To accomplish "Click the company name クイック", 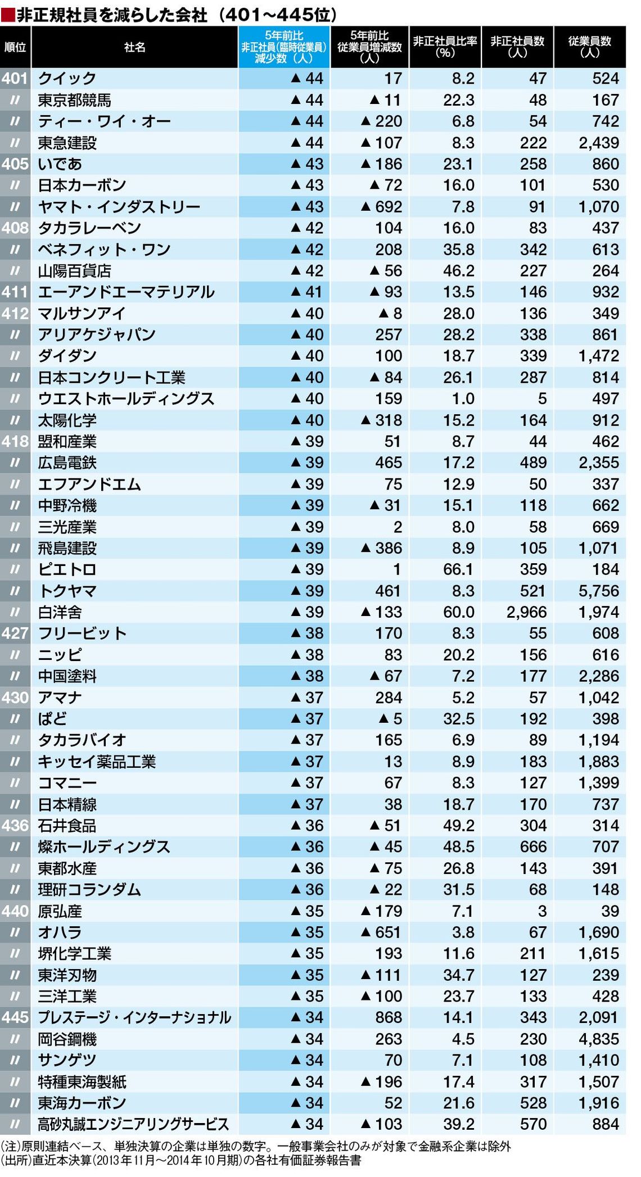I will pyautogui.click(x=67, y=79).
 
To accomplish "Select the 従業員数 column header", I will pyautogui.click(x=589, y=47).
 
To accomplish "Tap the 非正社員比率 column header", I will pyautogui.click(x=445, y=47).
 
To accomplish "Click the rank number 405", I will pyautogui.click(x=15, y=164).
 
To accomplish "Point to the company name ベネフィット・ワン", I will pyautogui.click(x=104, y=250).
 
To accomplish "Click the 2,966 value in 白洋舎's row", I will pyautogui.click(x=526, y=612).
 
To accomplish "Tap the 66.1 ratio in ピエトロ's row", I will pyautogui.click(x=458, y=569).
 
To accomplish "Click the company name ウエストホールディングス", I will pyautogui.click(x=126, y=399).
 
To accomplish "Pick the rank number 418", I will pyautogui.click(x=15, y=441).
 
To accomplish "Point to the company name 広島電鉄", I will pyautogui.click(x=67, y=463).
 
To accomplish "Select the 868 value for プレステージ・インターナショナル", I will pyautogui.click(x=389, y=1017).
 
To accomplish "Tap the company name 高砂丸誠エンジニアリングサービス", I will pyautogui.click(x=133, y=1124).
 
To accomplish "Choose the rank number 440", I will pyautogui.click(x=15, y=911).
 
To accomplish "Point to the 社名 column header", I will pyautogui.click(x=135, y=47).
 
